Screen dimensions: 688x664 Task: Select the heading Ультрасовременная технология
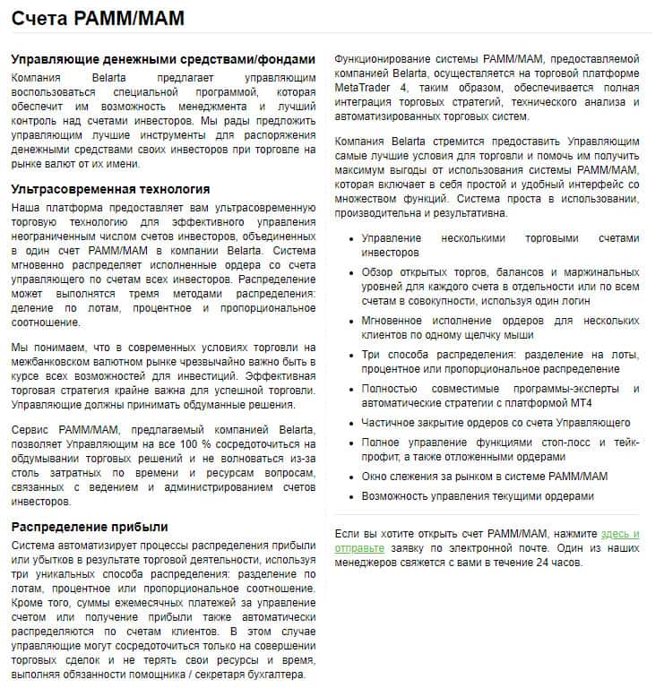click(x=110, y=189)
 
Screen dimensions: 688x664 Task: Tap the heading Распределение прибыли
click(x=90, y=526)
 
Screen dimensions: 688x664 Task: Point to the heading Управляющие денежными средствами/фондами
click(x=163, y=59)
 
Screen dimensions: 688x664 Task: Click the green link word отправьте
click(x=359, y=547)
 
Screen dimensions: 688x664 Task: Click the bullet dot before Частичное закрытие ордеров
click(x=349, y=423)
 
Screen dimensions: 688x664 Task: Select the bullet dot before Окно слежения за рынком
click(x=349, y=477)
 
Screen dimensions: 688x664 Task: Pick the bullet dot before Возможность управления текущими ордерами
click(x=349, y=496)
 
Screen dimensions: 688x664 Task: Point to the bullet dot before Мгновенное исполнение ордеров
click(x=349, y=321)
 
